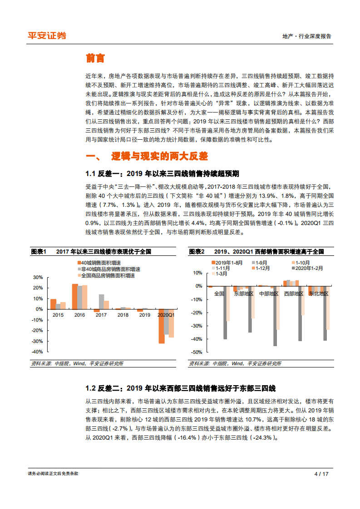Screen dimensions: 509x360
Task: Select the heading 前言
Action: point(95,58)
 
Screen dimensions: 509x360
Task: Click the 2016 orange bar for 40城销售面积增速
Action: point(75,296)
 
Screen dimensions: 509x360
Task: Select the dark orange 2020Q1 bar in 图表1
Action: point(162,326)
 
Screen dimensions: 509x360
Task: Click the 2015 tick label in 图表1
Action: point(58,315)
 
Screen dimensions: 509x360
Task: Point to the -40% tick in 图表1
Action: point(38,352)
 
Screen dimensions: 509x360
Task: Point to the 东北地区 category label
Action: point(319,294)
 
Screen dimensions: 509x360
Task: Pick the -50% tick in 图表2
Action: point(197,352)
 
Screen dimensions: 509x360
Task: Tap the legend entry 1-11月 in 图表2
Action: point(223,268)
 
